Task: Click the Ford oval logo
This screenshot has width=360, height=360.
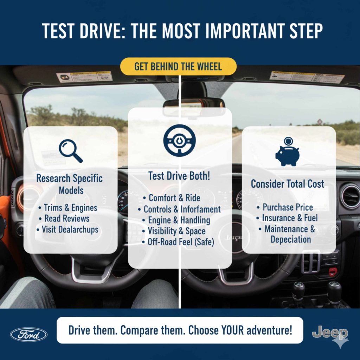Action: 29,334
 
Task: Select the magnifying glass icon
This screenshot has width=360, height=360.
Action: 70,150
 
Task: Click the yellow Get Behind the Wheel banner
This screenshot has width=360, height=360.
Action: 178,66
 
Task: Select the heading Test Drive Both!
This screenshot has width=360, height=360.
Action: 179,176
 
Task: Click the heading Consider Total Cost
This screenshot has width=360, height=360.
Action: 287,184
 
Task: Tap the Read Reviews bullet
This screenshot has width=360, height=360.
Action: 67,218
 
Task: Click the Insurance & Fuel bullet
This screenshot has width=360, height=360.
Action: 287,218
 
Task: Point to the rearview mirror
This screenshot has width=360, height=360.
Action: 193,103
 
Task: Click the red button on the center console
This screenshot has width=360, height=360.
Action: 333,271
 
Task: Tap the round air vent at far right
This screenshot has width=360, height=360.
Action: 350,196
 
